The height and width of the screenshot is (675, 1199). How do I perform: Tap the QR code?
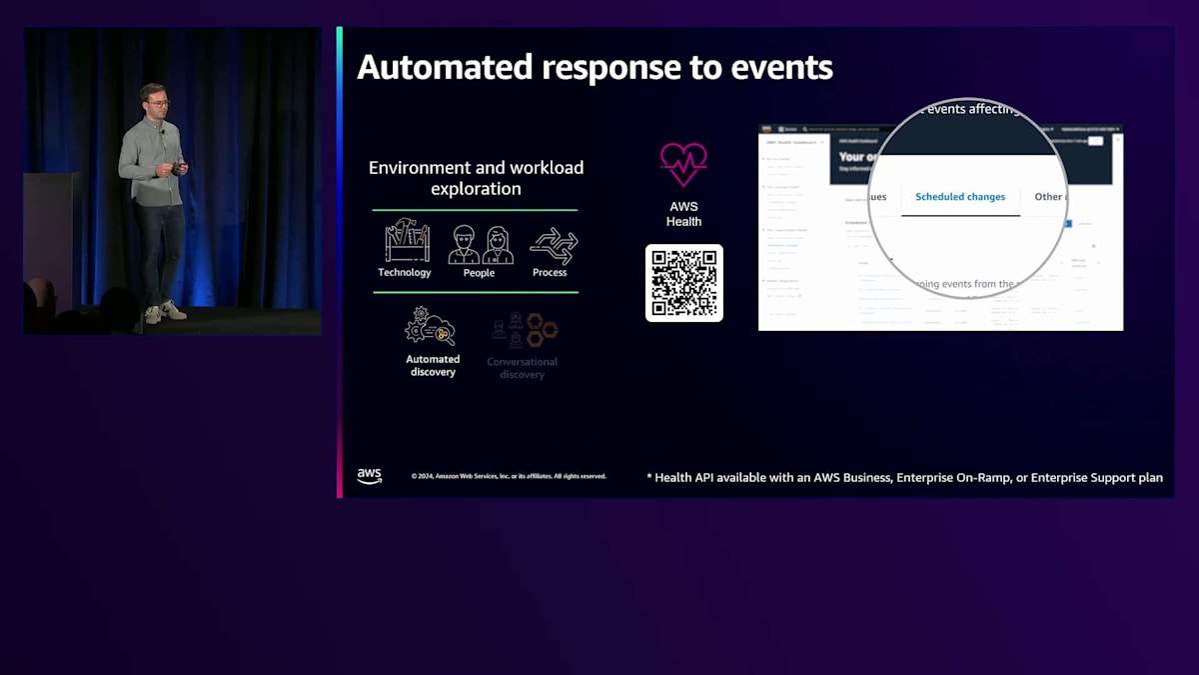coord(684,283)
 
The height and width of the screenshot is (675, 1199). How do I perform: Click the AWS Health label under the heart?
coord(683,214)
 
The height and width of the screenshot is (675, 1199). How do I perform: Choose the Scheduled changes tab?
coord(960,197)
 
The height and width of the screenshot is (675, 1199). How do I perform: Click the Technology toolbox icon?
coord(407,241)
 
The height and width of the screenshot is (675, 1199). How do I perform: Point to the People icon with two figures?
coord(480,244)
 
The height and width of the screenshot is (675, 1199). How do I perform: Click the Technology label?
coord(405,273)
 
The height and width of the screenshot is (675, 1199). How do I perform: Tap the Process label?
coord(550,273)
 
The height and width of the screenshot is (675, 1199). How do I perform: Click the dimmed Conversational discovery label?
coord(523,368)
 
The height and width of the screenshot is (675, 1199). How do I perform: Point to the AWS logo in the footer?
coord(370,476)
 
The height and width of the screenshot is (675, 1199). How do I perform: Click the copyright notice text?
coord(509,476)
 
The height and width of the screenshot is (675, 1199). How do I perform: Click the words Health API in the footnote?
coord(685,478)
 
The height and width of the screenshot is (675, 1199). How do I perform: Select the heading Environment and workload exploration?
coord(476,178)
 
